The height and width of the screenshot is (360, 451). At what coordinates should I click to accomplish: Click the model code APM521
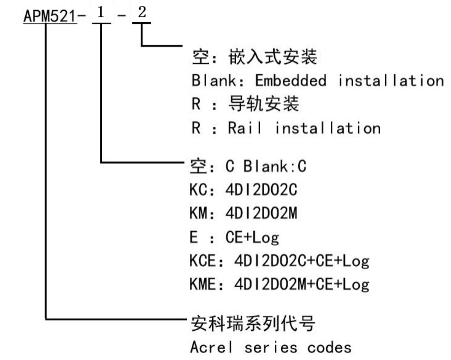(50, 16)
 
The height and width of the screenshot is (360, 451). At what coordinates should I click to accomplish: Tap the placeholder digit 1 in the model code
(101, 13)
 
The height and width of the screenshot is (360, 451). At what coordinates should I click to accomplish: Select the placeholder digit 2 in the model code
(142, 12)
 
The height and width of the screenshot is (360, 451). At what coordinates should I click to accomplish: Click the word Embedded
(291, 81)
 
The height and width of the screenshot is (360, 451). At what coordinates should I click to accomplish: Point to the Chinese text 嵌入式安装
(273, 57)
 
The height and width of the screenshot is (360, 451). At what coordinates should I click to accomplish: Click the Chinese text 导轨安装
(264, 103)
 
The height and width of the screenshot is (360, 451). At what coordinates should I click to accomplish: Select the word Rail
(245, 128)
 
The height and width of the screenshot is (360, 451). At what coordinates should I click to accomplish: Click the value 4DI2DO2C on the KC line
(261, 190)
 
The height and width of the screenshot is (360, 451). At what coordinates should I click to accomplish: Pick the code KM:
(202, 213)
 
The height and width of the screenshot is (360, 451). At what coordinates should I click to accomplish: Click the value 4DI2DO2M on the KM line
(261, 213)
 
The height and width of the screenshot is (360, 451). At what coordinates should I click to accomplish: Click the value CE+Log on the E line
(252, 237)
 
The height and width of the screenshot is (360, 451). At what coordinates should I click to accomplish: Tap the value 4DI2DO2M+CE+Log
(302, 284)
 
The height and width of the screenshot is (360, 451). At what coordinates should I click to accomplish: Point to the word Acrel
(212, 347)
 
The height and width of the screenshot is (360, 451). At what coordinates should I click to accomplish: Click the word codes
(329, 348)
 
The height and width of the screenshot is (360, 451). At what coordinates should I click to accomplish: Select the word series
(271, 348)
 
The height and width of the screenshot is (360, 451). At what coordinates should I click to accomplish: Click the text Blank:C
(275, 166)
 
